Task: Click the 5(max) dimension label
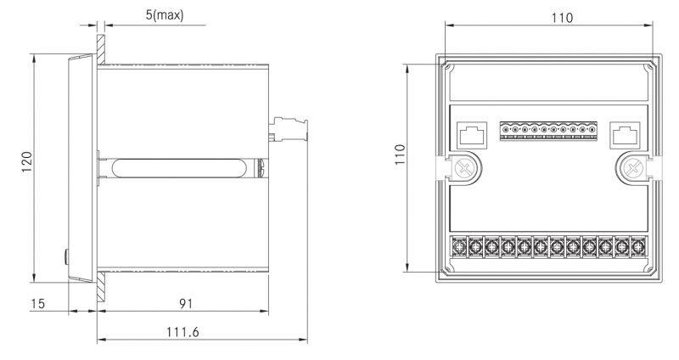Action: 165,15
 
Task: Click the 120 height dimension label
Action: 27,162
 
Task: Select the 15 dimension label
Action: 37,303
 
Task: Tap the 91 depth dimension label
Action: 186,303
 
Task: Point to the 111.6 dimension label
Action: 182,332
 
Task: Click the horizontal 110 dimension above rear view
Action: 562,18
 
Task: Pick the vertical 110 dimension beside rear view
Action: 400,155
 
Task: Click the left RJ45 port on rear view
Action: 472,135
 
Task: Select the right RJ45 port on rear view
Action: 625,135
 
